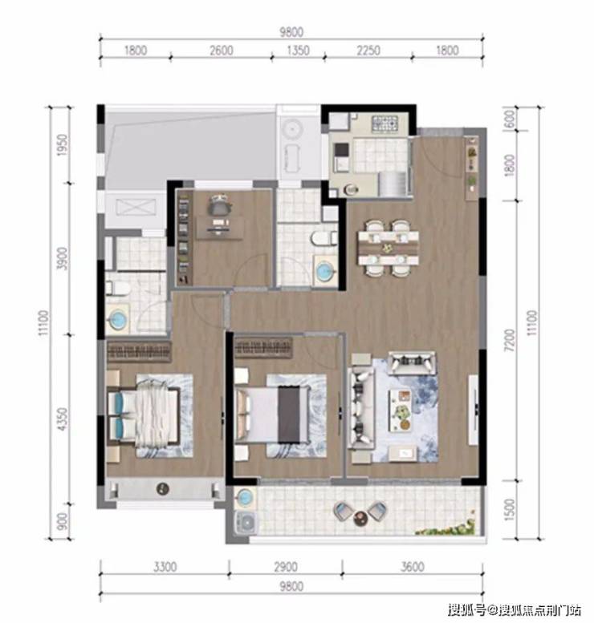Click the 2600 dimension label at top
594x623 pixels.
pos(222,51)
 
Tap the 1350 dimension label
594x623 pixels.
pos(298,51)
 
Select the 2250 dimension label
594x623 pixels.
pos(368,51)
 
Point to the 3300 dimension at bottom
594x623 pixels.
pos(165,567)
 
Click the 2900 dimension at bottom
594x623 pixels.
pos(286,567)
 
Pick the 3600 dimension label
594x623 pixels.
pos(412,567)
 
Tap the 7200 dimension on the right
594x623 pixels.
pos(510,340)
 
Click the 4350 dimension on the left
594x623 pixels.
pos(63,419)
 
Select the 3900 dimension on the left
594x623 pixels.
pos(63,258)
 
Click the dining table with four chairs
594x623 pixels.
pos(389,249)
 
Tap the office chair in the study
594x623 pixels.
pos(219,205)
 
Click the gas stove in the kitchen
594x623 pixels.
pos(384,123)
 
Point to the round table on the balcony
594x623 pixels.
pos(361,518)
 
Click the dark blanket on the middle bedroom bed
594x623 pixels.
pos(289,414)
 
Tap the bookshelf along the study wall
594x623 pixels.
pos(183,237)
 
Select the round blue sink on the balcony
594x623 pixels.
pos(244,498)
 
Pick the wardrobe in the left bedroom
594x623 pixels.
pos(139,351)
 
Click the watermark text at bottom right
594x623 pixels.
pos(514,609)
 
